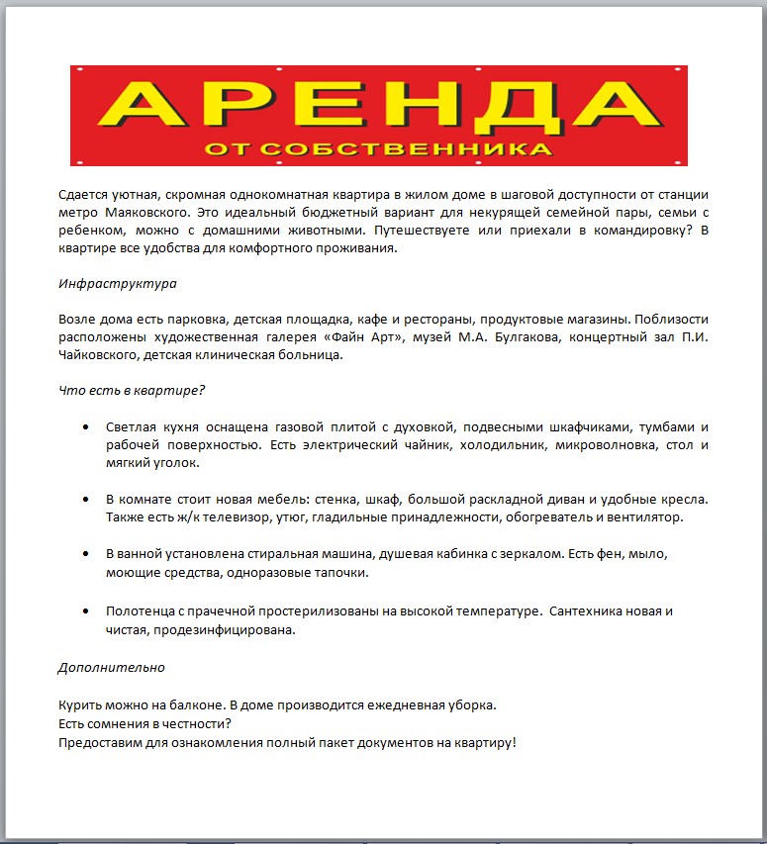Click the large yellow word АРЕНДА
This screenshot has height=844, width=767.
pos(378,104)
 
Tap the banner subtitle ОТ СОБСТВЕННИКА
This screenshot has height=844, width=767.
pos(378,149)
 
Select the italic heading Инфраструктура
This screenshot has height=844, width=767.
pos(118,284)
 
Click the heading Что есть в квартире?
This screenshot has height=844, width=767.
pos(132,390)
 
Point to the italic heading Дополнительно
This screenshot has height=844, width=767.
pos(111,667)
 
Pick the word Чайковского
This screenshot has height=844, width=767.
pos(98,355)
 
